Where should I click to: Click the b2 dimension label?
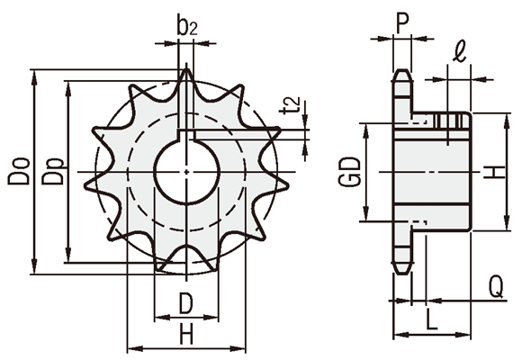pos(186,25)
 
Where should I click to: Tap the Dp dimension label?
pos(52,171)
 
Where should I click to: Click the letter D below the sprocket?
pos(185,303)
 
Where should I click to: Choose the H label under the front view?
pos(186,334)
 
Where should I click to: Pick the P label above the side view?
pos(402,23)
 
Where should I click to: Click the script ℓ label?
pos(460,52)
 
